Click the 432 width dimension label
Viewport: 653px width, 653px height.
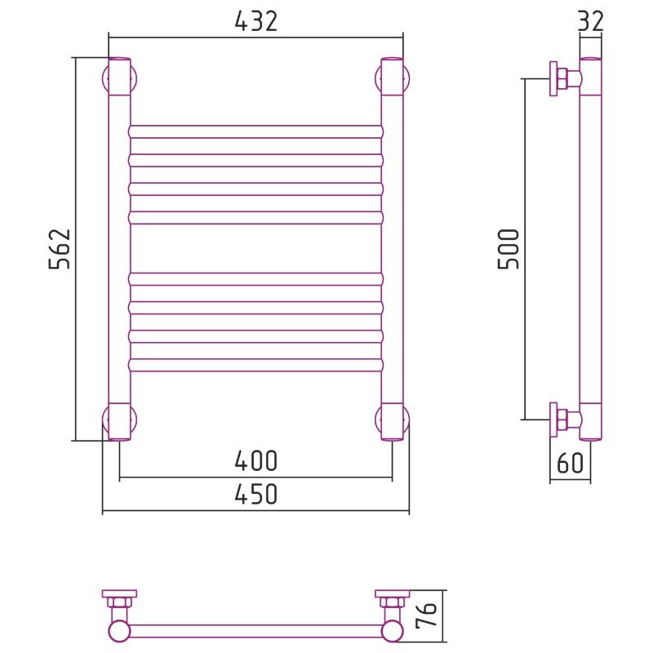(255, 21)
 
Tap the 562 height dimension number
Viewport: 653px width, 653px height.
(60, 249)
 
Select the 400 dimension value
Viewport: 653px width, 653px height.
(255, 460)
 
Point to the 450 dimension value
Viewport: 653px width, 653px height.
(255, 495)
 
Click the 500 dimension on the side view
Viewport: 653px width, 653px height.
(509, 249)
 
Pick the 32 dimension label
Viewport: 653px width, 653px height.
(590, 21)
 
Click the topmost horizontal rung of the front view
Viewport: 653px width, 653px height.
(255, 131)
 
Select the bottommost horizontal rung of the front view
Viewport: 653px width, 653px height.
(255, 365)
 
